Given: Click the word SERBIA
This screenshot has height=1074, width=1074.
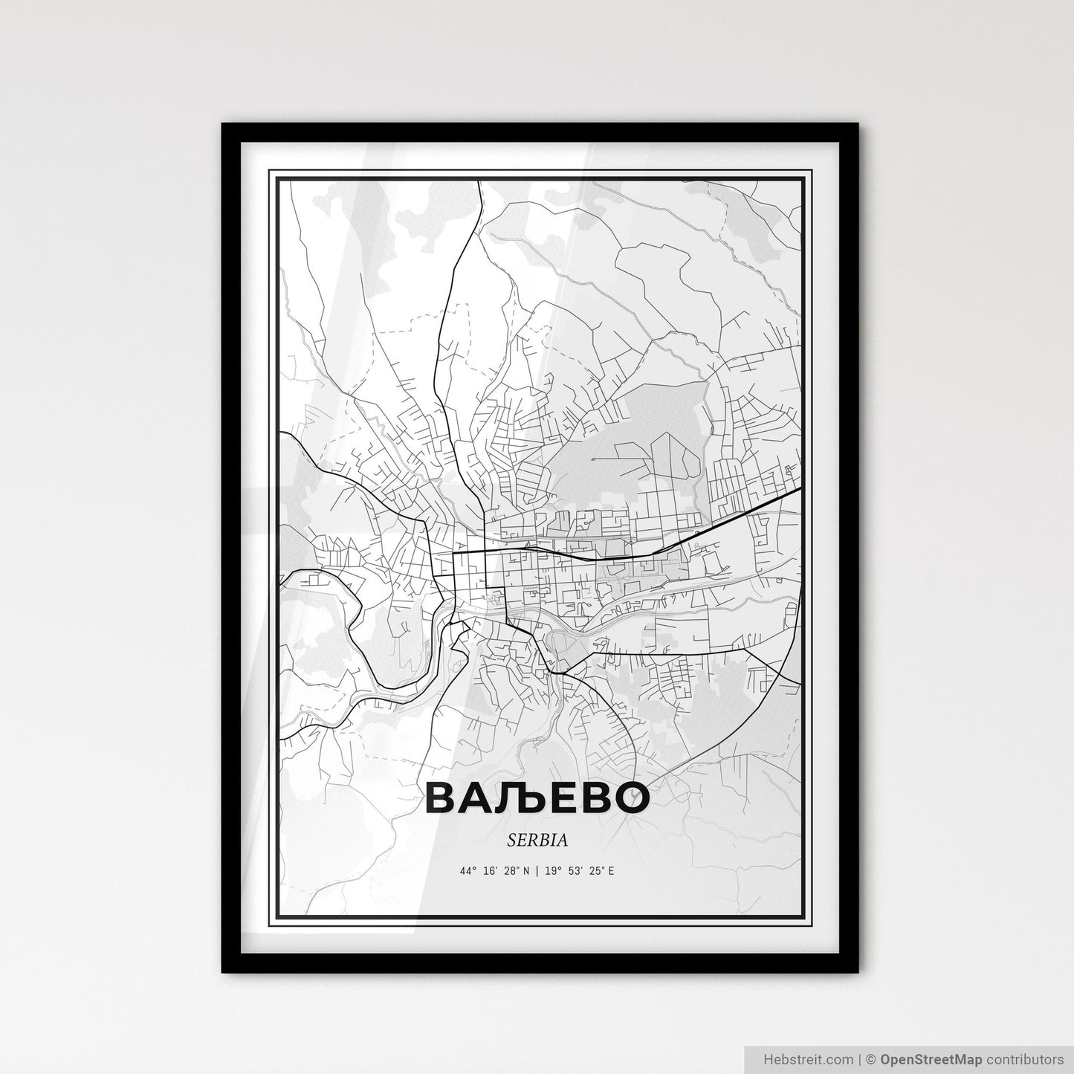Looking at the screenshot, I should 537,840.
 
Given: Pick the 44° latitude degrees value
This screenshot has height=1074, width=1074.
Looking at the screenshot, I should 468,871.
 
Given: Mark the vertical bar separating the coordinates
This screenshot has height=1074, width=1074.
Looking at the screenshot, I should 537,871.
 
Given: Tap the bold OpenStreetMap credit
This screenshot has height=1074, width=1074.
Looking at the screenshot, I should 932,1058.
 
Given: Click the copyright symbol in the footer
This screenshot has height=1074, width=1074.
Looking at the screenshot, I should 873,1058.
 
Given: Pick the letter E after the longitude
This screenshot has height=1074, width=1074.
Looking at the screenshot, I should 611,871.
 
